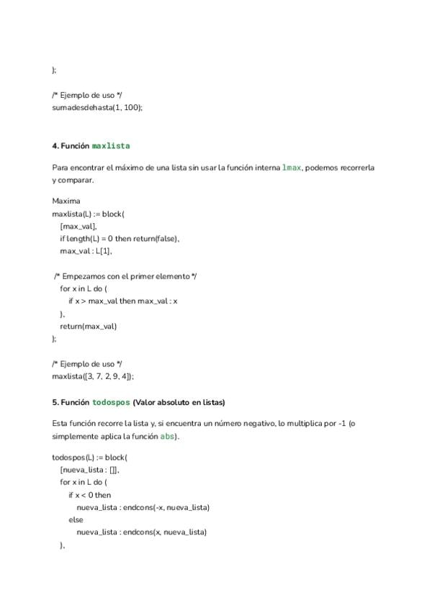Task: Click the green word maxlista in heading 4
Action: coord(111,145)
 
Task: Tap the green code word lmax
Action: coord(292,168)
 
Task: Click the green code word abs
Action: coord(167,436)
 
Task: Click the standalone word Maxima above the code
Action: coord(66,201)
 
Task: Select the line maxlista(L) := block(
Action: coord(89,214)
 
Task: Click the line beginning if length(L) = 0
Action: coord(120,238)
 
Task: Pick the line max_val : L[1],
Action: coord(86,251)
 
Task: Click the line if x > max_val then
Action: coord(123,301)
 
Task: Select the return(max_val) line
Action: coord(88,326)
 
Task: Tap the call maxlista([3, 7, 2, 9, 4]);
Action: coord(93,375)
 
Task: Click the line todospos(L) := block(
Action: coord(89,457)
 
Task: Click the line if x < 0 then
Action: coord(90,495)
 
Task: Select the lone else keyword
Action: coord(76,519)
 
